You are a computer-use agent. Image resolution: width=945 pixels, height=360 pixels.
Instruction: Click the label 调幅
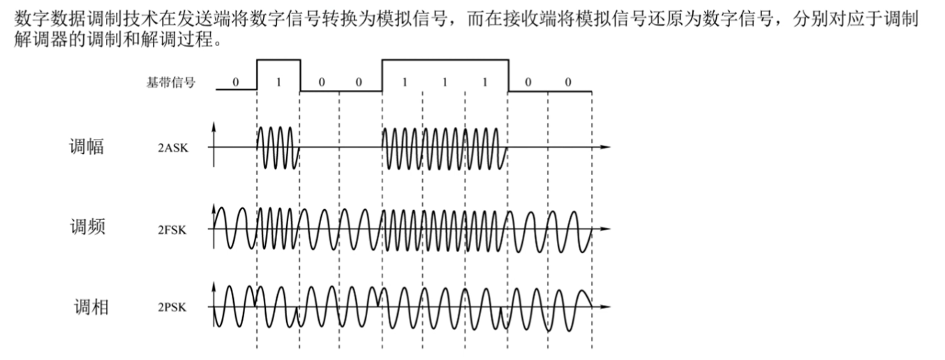[87, 147]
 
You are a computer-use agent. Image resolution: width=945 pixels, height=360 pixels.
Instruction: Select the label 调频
[87, 227]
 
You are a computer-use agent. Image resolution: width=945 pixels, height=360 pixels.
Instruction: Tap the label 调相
[91, 306]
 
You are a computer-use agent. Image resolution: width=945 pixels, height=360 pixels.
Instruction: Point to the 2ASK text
[172, 149]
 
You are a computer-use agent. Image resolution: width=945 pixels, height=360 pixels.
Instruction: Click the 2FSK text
[172, 228]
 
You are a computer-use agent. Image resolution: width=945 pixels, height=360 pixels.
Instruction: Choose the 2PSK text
[172, 307]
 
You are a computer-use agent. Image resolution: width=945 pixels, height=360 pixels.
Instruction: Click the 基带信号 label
[170, 82]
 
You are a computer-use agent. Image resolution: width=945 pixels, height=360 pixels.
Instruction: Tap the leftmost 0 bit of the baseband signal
[235, 82]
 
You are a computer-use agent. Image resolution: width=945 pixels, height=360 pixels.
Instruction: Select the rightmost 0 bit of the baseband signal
[568, 82]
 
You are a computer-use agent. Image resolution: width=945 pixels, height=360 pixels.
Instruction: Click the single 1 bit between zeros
[278, 82]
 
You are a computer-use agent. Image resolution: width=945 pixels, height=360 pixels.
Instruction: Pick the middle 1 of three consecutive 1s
[444, 82]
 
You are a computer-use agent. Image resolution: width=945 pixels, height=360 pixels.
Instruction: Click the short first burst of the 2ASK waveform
[278, 147]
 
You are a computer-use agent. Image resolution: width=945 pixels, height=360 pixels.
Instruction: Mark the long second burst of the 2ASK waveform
[444, 147]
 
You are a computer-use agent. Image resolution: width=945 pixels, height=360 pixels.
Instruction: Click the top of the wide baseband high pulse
[444, 60]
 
